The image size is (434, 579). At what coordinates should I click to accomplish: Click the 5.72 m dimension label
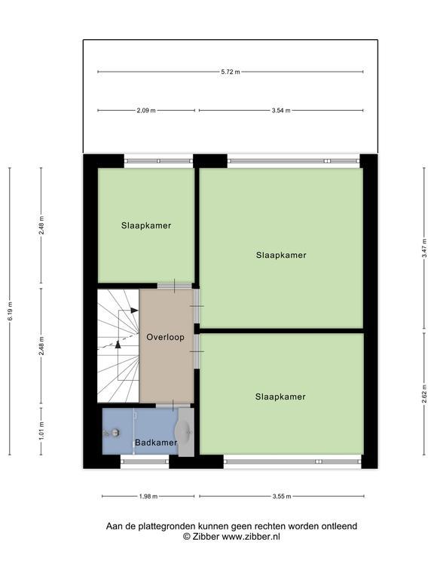point(231,72)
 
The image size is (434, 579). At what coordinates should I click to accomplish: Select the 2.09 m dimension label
point(146,110)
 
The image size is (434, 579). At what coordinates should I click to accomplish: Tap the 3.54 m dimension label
point(281,110)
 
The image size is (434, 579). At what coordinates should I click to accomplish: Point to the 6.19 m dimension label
point(10,311)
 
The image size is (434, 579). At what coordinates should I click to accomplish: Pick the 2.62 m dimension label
point(424,394)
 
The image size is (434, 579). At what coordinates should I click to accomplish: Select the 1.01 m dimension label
point(41,431)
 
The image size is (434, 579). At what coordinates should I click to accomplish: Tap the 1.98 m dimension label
point(148,497)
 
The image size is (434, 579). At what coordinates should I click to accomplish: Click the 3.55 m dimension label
point(282,497)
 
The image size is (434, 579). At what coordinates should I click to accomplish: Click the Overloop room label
point(165,337)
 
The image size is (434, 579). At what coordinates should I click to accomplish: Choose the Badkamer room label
point(156,443)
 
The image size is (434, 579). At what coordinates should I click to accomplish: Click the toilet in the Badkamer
point(112,432)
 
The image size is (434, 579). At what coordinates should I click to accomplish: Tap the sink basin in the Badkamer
point(183,431)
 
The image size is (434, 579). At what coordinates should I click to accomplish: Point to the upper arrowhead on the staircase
point(134,311)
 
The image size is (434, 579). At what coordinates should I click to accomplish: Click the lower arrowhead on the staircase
point(118,345)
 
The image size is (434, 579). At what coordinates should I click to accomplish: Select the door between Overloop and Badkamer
point(173,406)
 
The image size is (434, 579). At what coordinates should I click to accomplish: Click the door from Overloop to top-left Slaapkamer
point(175,286)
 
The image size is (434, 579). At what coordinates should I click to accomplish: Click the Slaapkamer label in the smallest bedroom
point(146,225)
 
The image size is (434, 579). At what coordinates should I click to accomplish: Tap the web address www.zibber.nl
point(251,537)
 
